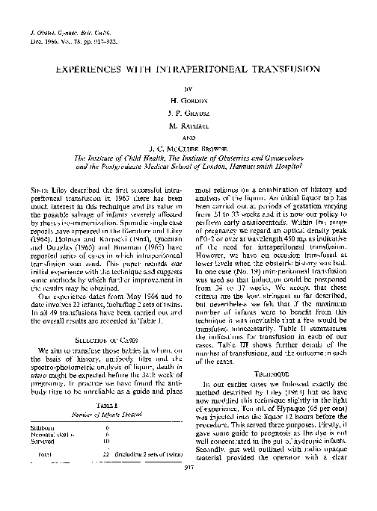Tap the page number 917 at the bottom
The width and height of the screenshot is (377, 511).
[189, 490]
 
